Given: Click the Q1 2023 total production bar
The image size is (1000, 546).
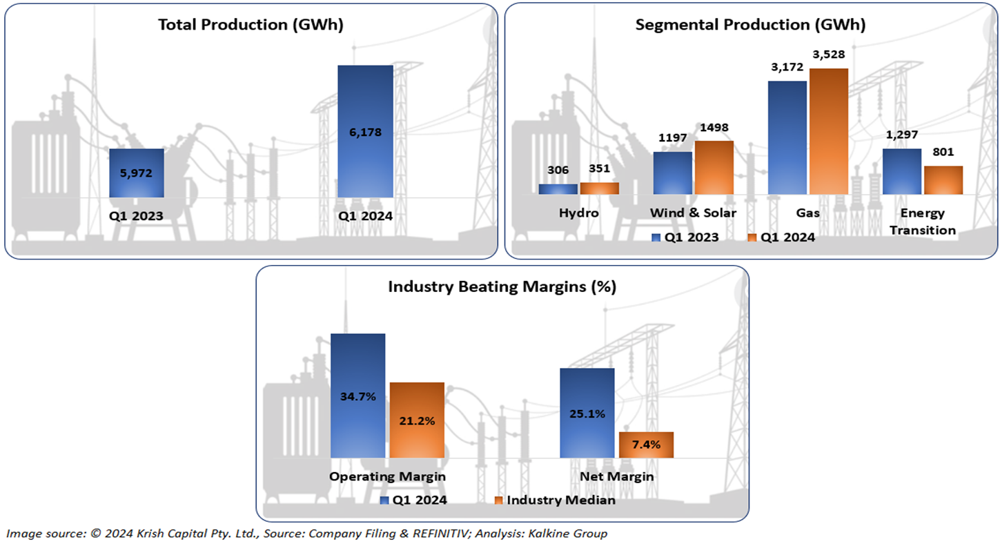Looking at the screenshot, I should point(137,173).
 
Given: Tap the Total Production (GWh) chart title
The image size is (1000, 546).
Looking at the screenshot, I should point(251,26).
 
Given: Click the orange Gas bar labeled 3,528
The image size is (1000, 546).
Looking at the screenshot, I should point(828,131).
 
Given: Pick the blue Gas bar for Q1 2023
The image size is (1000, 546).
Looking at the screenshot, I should point(787,137).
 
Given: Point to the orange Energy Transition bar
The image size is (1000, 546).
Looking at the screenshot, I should point(943,179).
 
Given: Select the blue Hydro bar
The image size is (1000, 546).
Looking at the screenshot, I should point(558,188).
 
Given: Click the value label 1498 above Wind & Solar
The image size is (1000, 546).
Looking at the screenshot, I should point(714,128).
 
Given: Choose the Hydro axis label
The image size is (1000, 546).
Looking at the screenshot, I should point(578,213).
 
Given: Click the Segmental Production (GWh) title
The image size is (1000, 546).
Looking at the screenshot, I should point(750,26).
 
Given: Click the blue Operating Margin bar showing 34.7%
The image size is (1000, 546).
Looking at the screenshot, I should point(357,396).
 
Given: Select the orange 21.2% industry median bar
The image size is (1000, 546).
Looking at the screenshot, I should point(417,420).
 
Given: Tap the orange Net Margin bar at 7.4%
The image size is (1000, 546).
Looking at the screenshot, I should point(646,445).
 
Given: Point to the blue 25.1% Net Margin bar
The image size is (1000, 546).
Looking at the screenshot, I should point(587,413).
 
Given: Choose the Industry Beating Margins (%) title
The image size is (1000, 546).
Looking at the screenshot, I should point(502,287).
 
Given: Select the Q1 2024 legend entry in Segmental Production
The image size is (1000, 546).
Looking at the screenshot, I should point(782,237).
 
